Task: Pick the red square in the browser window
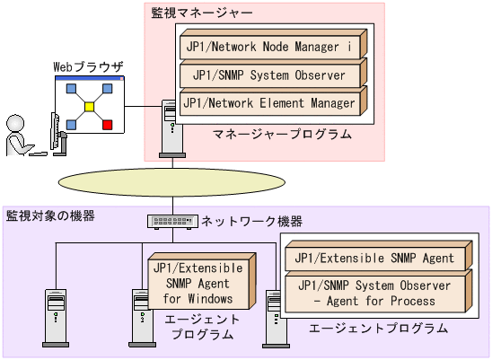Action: tap(108, 124)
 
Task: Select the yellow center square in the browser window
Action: tap(89, 107)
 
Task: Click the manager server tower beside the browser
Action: tap(169, 126)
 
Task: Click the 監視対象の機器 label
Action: tap(50, 216)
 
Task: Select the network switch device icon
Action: tap(171, 221)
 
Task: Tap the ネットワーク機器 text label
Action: tap(251, 221)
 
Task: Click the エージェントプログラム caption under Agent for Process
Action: tap(378, 329)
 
